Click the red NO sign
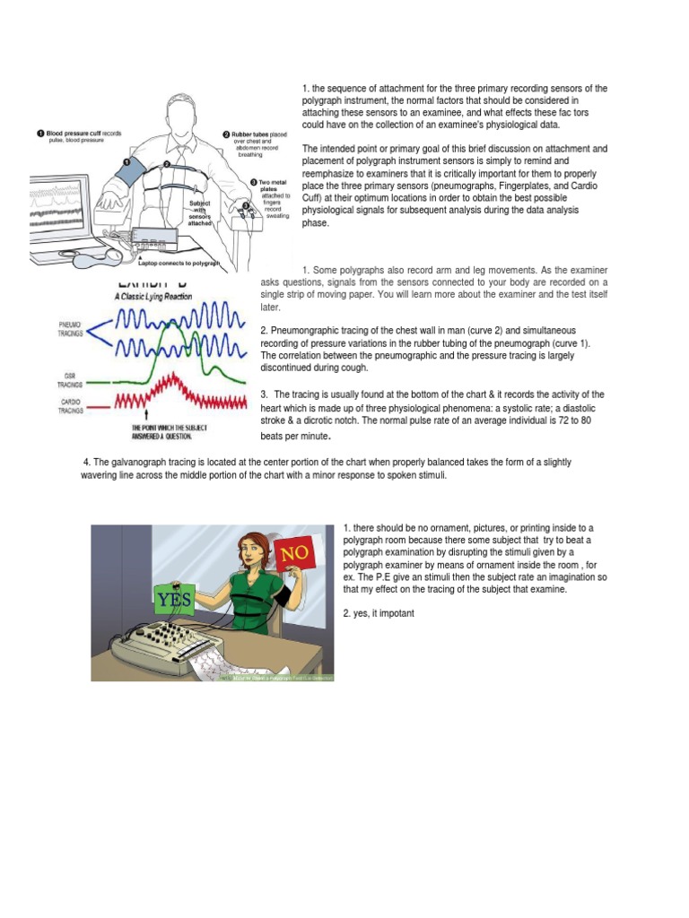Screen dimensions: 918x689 [x=297, y=555]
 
